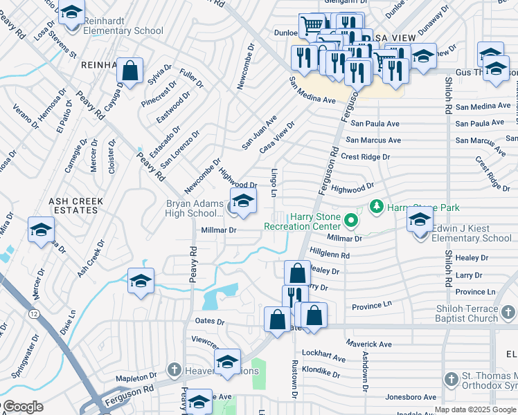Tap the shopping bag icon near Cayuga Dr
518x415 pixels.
[129, 71]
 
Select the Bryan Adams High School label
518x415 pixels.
[194, 208]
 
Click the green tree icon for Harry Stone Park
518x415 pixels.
[377, 206]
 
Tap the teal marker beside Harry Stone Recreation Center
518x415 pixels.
[351, 222]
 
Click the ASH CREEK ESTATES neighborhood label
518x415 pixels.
[75, 206]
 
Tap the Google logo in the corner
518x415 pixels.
[22, 407]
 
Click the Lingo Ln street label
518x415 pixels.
[274, 182]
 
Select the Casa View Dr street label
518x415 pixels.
[276, 136]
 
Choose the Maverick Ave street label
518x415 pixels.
[368, 344]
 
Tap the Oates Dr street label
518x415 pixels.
[211, 322]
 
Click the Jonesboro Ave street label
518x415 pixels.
[411, 398]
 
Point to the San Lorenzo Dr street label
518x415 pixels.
[180, 149]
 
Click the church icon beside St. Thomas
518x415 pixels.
[451, 379]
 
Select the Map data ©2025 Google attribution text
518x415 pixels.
[475, 409]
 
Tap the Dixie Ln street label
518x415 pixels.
[67, 322]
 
